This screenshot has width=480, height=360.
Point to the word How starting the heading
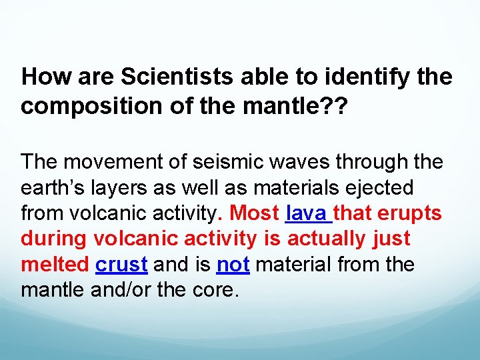click(x=44, y=78)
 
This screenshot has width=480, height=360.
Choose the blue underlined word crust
click(x=121, y=265)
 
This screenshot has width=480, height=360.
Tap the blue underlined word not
click(x=233, y=265)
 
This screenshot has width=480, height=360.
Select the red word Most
click(x=254, y=213)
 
